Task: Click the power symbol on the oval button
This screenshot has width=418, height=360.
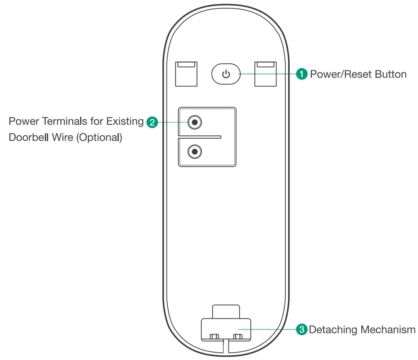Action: [x=225, y=74]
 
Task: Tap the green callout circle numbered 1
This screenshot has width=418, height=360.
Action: [x=302, y=74]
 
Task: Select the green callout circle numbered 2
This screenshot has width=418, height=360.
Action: [x=152, y=122]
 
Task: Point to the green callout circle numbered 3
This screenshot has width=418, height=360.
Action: [x=302, y=330]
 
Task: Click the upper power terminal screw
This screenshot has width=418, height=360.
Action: [x=194, y=122]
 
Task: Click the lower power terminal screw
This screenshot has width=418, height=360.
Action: [x=194, y=152]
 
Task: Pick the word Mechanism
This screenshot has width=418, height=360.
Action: [x=388, y=330]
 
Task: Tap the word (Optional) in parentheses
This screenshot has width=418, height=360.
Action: [x=99, y=137]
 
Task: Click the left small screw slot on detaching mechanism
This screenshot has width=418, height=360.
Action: [x=213, y=337]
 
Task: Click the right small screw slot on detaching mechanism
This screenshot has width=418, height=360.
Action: [x=237, y=337]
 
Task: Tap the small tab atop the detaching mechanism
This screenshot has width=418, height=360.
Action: [x=226, y=311]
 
